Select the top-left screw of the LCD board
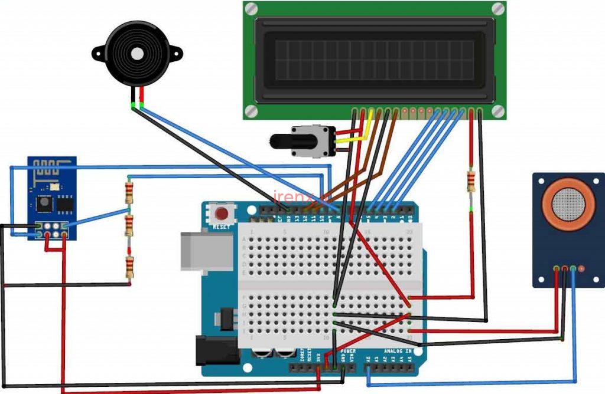pos(251,9)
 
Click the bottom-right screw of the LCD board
pos(497,110)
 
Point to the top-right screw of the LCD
pos(498,9)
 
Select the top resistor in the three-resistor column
pos(129,192)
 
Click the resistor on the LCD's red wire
pos(471,182)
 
